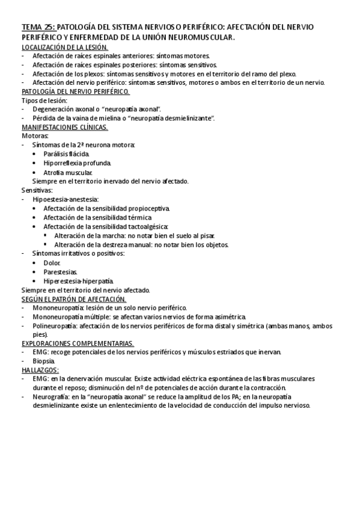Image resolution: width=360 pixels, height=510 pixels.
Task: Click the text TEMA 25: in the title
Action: point(38,27)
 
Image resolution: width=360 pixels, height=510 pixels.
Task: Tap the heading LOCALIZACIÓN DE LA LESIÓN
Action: point(65,47)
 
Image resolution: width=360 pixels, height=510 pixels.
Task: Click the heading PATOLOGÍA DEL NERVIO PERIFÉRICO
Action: point(75,91)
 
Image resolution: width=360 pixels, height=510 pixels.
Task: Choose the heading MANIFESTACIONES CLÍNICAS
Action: point(65,127)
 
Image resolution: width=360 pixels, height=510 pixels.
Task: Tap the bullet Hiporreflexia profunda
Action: point(78,163)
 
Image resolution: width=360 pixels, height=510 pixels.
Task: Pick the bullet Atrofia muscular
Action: point(67,172)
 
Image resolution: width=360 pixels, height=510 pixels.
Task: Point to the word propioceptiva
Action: point(148,208)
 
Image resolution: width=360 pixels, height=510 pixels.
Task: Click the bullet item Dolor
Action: point(52,263)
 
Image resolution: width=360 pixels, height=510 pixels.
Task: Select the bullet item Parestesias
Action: point(61,272)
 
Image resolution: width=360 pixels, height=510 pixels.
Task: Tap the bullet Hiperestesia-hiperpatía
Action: point(78,281)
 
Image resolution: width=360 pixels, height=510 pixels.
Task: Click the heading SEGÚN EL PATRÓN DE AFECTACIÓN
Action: point(74,299)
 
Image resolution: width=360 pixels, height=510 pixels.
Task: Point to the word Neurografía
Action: point(52,397)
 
